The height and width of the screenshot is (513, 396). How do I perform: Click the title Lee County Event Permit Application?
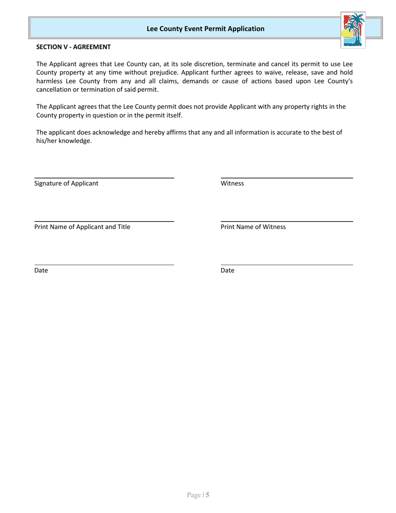pyautogui.click(x=206, y=29)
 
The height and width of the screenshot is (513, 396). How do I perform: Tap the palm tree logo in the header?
pyautogui.click(x=353, y=30)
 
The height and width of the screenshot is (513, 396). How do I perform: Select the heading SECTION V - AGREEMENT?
pyautogui.click(x=73, y=47)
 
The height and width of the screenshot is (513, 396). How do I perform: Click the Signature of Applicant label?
pyautogui.click(x=66, y=184)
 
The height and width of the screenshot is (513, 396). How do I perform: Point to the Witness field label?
pyautogui.click(x=232, y=184)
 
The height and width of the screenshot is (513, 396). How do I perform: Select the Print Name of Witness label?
pyautogui.click(x=253, y=227)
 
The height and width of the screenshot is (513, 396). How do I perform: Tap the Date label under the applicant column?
pyautogui.click(x=41, y=271)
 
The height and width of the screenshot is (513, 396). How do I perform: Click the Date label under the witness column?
pyautogui.click(x=228, y=271)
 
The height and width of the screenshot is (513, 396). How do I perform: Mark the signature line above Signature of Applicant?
pyautogui.click(x=104, y=178)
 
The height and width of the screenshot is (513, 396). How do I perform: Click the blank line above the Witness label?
pyautogui.click(x=286, y=178)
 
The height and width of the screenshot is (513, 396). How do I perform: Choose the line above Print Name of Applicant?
pyautogui.click(x=104, y=221)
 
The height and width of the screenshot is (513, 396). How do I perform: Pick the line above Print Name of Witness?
pyautogui.click(x=286, y=221)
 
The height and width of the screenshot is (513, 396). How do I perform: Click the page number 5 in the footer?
pyautogui.click(x=207, y=495)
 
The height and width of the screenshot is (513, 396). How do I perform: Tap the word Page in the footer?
pyautogui.click(x=194, y=495)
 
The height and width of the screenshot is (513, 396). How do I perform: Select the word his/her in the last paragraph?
pyautogui.click(x=47, y=141)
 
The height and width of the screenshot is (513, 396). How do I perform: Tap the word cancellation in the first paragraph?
pyautogui.click(x=54, y=90)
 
